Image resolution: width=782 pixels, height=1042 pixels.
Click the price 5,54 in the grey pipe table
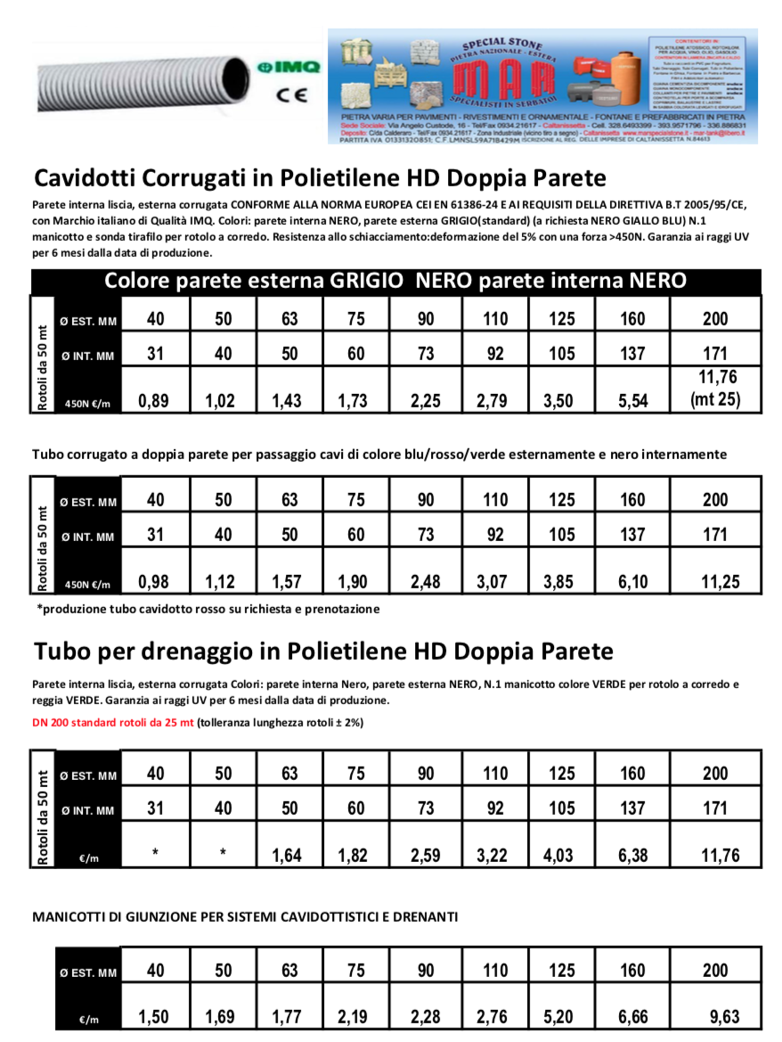pyautogui.click(x=631, y=401)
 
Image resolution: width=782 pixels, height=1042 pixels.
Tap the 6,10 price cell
pyautogui.click(x=631, y=582)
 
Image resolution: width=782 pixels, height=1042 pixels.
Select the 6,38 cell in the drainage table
pyautogui.click(x=631, y=857)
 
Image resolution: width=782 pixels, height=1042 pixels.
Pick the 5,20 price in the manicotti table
pyautogui.click(x=561, y=1017)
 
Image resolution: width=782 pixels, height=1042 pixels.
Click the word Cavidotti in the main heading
pyautogui.click(x=91, y=176)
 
